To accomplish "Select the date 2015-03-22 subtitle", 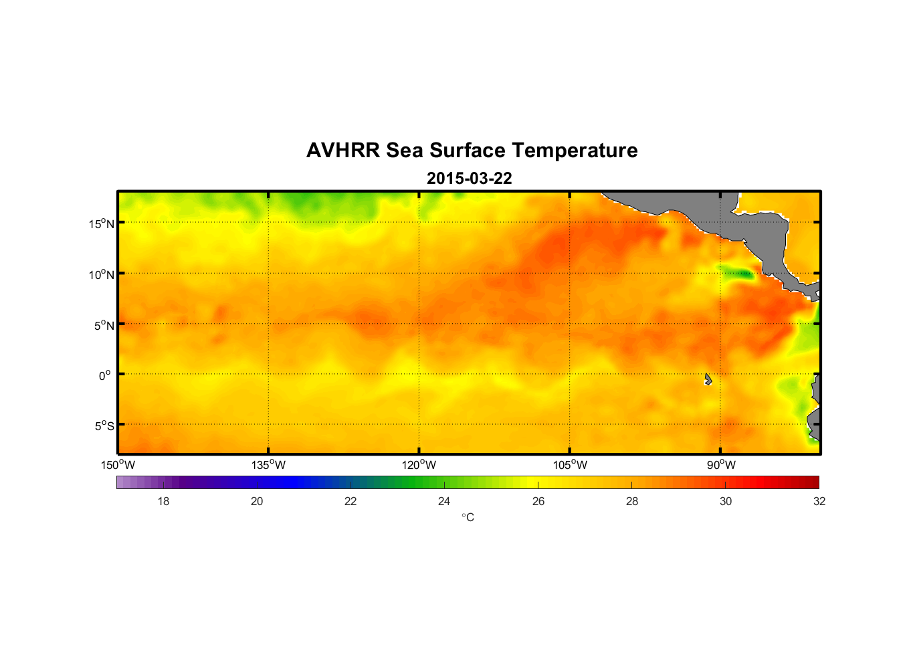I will pyautogui.click(x=469, y=179).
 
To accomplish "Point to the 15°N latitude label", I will pyautogui.click(x=102, y=223).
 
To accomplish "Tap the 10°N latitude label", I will pyautogui.click(x=102, y=274).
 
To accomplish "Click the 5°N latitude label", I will pyautogui.click(x=104, y=325).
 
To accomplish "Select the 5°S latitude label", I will pyautogui.click(x=104, y=426).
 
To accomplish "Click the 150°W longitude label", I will pyautogui.click(x=118, y=465).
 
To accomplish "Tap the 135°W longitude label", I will pyautogui.click(x=268, y=465).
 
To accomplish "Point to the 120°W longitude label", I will pyautogui.click(x=419, y=465).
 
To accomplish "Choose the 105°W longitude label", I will pyautogui.click(x=570, y=465).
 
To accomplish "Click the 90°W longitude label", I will pyautogui.click(x=721, y=465).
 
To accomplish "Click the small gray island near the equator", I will pyautogui.click(x=708, y=379).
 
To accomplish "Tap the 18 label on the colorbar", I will pyautogui.click(x=163, y=501).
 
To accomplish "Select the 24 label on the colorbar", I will pyautogui.click(x=444, y=501).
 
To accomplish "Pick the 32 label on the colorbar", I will pyautogui.click(x=819, y=501).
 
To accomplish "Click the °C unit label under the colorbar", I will pyautogui.click(x=468, y=517).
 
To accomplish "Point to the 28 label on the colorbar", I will pyautogui.click(x=632, y=501).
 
